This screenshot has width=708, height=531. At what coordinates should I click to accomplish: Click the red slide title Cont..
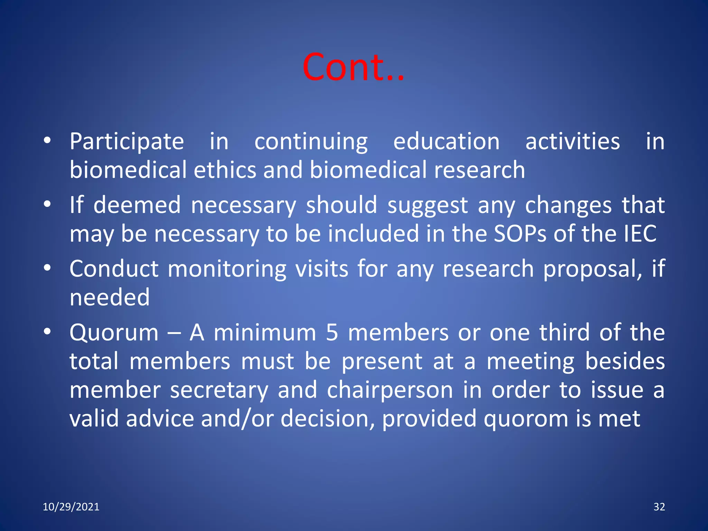[353, 67]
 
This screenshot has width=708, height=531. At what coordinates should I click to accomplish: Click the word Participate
[127, 142]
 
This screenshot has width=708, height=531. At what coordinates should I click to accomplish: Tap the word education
[446, 142]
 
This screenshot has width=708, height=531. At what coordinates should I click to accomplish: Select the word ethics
[225, 170]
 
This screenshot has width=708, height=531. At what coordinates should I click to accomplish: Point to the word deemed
[137, 205]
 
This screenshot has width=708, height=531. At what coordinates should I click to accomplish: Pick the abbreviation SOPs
[520, 234]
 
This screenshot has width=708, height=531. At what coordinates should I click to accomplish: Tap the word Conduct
[114, 269]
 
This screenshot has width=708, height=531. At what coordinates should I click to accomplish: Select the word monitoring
[227, 269]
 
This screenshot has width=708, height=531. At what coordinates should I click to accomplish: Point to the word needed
[110, 297]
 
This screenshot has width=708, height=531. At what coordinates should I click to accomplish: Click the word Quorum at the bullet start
[114, 333]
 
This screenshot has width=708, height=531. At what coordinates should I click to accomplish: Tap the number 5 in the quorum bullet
[332, 333]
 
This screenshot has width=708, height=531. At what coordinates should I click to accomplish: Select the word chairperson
[390, 390]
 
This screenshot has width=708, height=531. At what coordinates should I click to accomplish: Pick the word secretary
[219, 390]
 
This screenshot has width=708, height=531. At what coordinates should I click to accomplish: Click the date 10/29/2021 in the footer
[71, 507]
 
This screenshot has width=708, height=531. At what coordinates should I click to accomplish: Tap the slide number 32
[659, 507]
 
